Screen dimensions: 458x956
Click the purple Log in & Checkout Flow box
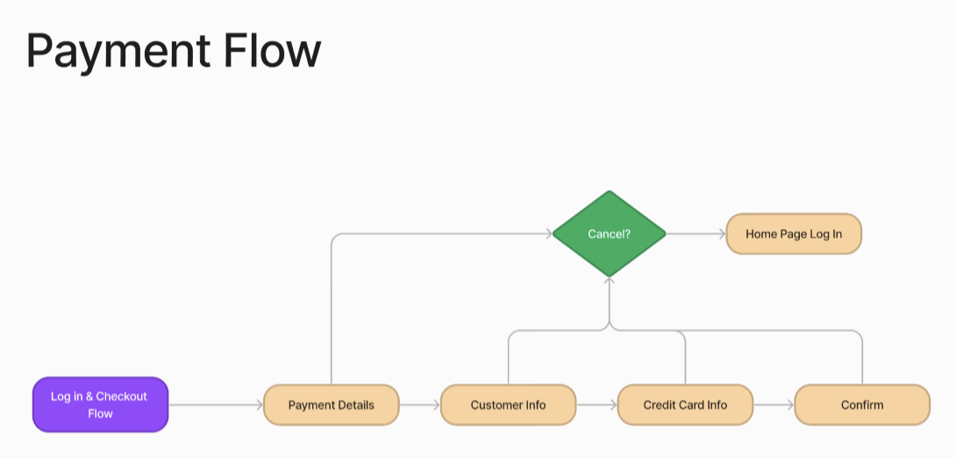(x=100, y=404)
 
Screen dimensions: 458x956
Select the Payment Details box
(x=331, y=404)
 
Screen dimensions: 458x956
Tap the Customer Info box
(x=508, y=404)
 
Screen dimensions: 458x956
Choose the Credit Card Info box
(x=685, y=404)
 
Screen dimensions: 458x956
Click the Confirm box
(x=862, y=404)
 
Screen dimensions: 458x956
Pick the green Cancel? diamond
(x=609, y=234)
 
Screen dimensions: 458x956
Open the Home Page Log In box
(x=794, y=234)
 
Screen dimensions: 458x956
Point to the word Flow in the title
(x=271, y=51)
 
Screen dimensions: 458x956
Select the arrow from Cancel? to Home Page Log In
(x=696, y=234)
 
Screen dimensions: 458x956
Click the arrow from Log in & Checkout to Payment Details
(x=215, y=405)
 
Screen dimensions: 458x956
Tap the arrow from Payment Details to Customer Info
(x=419, y=405)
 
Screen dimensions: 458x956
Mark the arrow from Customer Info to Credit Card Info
(x=596, y=405)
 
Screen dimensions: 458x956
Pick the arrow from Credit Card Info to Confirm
(x=774, y=405)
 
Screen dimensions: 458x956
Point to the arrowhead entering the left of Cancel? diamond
(x=546, y=234)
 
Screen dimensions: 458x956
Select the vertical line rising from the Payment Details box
(x=331, y=316)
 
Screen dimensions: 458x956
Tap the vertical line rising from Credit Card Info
(x=685, y=360)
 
